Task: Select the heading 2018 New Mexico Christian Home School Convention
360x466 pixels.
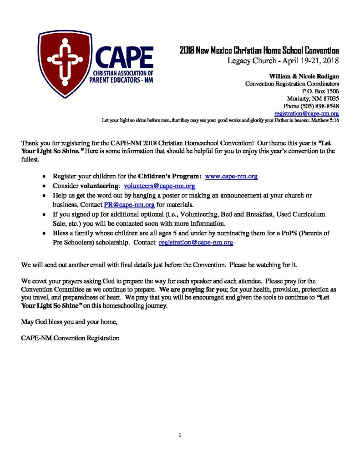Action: pos(259,51)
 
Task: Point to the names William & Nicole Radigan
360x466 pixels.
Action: pos(304,76)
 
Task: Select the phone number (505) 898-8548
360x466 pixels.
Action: pos(323,106)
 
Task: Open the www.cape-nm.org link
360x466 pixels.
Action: pos(232,176)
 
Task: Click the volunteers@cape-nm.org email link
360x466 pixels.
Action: pos(159,186)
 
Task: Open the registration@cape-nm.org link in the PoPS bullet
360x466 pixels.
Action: pos(196,243)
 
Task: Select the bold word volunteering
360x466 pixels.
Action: pos(100,186)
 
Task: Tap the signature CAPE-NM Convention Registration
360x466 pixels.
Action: pos(71,338)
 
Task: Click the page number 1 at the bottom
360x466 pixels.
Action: pos(180,436)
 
